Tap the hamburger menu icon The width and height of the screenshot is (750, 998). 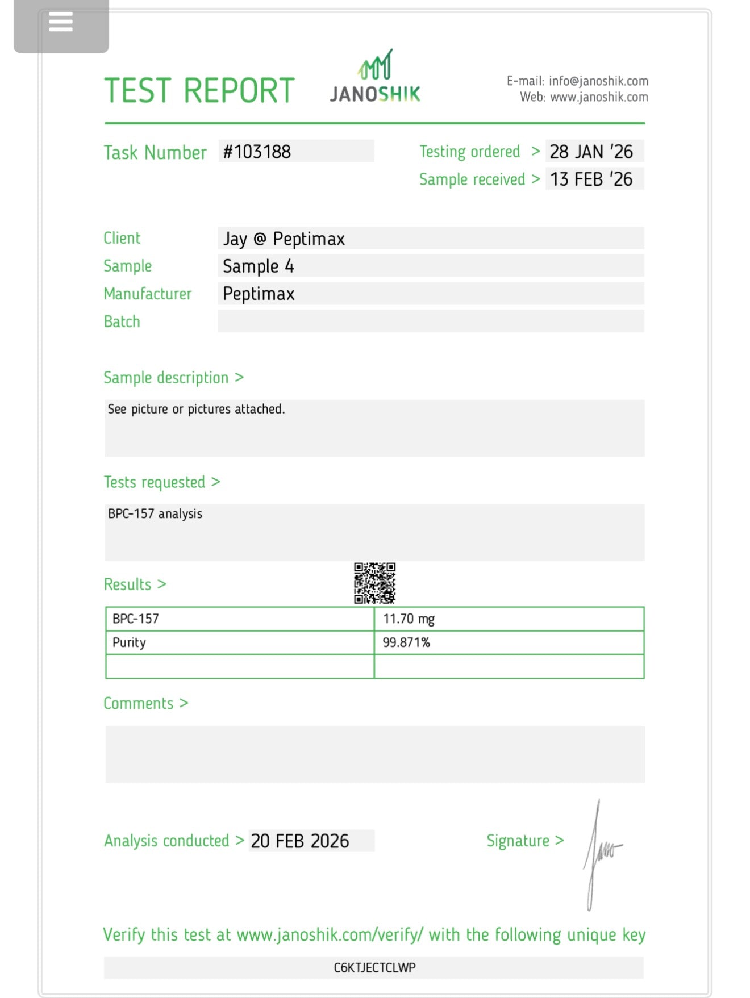[x=61, y=23]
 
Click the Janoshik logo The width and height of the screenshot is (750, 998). [x=375, y=77]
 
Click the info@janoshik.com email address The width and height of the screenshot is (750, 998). [x=598, y=81]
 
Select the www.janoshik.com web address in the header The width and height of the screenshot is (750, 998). [x=599, y=97]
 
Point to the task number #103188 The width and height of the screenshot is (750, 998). [x=257, y=152]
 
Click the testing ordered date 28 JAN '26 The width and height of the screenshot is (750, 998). [x=591, y=152]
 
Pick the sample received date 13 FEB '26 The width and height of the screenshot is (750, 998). [x=591, y=179]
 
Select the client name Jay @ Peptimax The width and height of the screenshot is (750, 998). [x=284, y=239]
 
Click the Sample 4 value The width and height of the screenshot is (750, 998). [x=259, y=266]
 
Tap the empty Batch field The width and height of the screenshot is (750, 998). [x=431, y=321]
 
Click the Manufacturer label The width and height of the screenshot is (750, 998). [x=148, y=294]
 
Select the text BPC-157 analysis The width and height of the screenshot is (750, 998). [x=155, y=513]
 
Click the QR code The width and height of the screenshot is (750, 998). [x=374, y=583]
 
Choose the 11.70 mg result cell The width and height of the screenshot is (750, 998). [x=409, y=619]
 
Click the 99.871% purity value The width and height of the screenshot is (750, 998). [x=406, y=642]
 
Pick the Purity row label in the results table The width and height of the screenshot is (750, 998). [x=129, y=642]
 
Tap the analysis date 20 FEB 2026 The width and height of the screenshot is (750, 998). [x=300, y=841]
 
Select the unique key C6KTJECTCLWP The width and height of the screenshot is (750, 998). [x=374, y=967]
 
